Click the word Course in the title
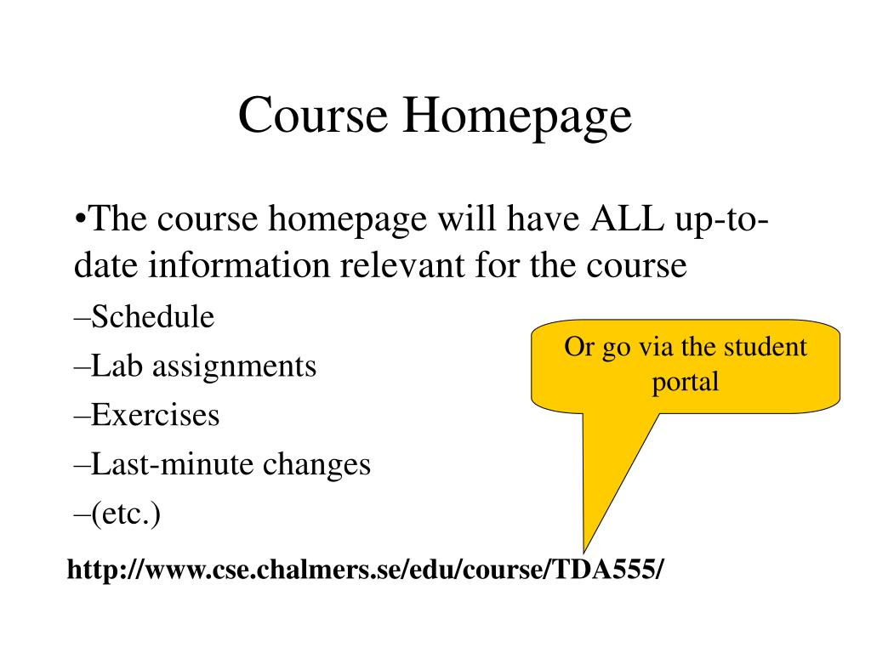pyautogui.click(x=313, y=115)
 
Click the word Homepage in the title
pyautogui.click(x=517, y=117)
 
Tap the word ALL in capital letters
pyautogui.click(x=627, y=219)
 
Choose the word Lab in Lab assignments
pyautogui.click(x=117, y=366)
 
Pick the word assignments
pyautogui.click(x=235, y=367)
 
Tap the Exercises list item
pyautogui.click(x=146, y=415)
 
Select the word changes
pyautogui.click(x=316, y=465)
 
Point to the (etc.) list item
pyautogui.click(x=117, y=514)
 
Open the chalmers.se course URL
pyautogui.click(x=365, y=569)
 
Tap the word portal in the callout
pyautogui.click(x=686, y=383)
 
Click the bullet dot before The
pyautogui.click(x=80, y=219)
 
